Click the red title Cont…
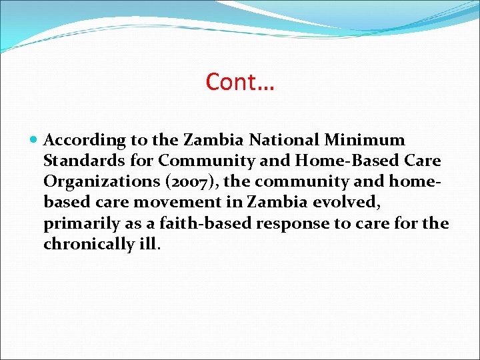point(241,82)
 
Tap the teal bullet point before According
point(35,141)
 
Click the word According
point(85,141)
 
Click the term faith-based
point(177,223)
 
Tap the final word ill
point(148,244)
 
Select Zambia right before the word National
point(214,141)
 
